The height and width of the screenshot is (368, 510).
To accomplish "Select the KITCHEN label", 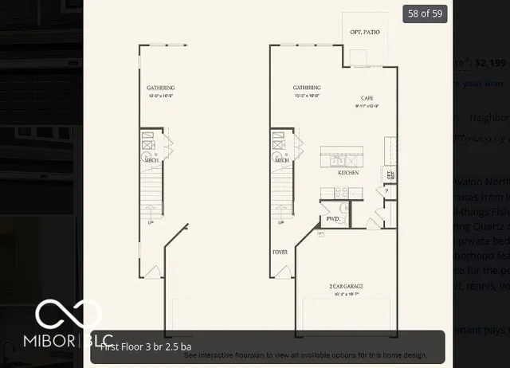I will [347, 172].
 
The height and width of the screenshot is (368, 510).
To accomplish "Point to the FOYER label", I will [280, 252].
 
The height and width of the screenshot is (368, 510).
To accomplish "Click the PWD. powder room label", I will [332, 217].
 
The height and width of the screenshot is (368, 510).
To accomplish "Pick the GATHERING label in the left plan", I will [160, 88].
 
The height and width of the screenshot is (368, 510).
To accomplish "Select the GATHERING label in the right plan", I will [307, 88].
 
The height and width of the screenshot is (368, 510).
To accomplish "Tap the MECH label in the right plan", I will [281, 160].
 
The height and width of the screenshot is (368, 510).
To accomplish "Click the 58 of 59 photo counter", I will [424, 14].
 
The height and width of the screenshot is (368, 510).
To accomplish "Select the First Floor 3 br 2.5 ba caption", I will [146, 346].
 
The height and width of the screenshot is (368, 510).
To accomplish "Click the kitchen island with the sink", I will [343, 158].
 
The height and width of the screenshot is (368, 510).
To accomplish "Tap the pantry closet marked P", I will [386, 192].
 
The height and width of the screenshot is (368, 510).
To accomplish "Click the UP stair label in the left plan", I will [151, 223].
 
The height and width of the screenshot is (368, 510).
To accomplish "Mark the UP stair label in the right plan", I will [280, 223].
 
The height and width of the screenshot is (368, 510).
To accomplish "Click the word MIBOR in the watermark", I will [55, 342].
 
